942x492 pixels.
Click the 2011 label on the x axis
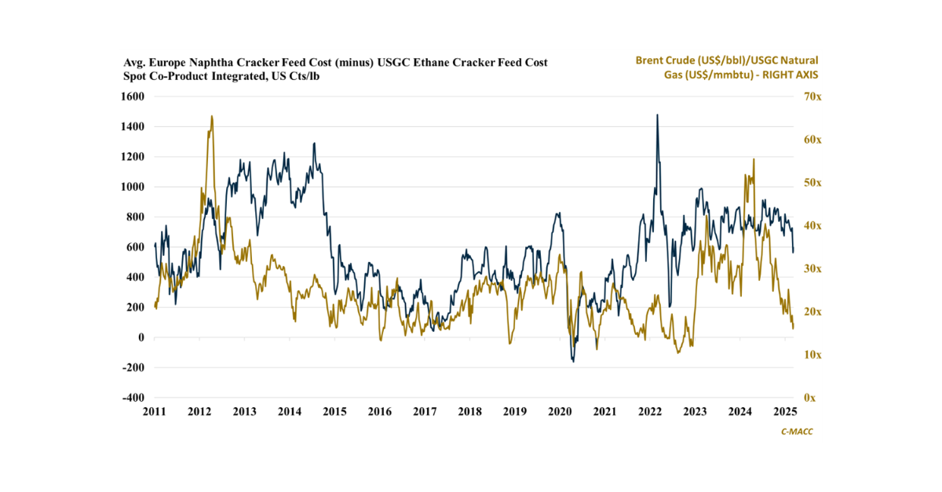tap(154, 412)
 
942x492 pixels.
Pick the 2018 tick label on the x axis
tap(469, 412)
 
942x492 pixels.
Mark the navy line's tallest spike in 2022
tap(657, 115)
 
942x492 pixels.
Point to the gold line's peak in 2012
tap(212, 116)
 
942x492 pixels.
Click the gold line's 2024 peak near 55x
tap(754, 159)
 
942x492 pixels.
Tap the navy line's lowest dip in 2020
tap(573, 361)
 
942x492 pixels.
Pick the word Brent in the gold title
tap(651, 60)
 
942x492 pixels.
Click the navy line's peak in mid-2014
tap(314, 144)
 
